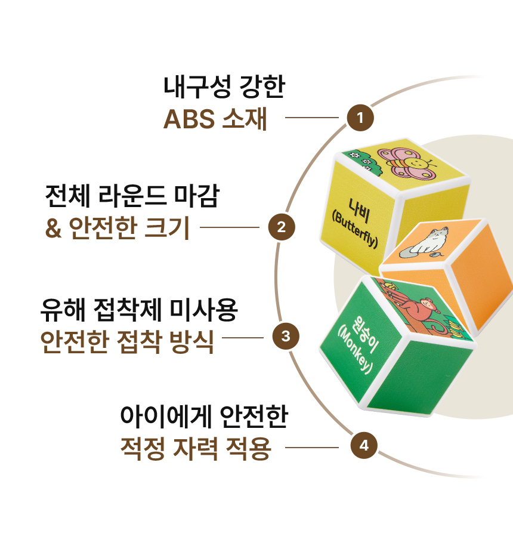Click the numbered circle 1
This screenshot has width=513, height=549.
pyautogui.click(x=360, y=118)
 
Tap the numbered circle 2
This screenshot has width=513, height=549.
pyautogui.click(x=282, y=227)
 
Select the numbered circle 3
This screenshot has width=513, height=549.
pyautogui.click(x=286, y=337)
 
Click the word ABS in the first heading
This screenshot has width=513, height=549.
pyautogui.click(x=188, y=120)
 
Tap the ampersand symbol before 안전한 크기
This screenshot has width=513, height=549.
pyautogui.click(x=54, y=229)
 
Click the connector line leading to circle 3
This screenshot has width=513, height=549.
pyautogui.click(x=242, y=337)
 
